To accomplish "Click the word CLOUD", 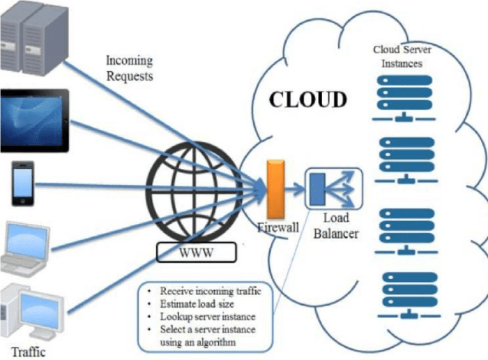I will click(307, 99).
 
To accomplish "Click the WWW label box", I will click(196, 251).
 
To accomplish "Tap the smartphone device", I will click(23, 185).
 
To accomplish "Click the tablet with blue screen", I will click(33, 120).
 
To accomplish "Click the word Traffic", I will click(28, 351).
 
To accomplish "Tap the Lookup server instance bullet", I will click(202, 316).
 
